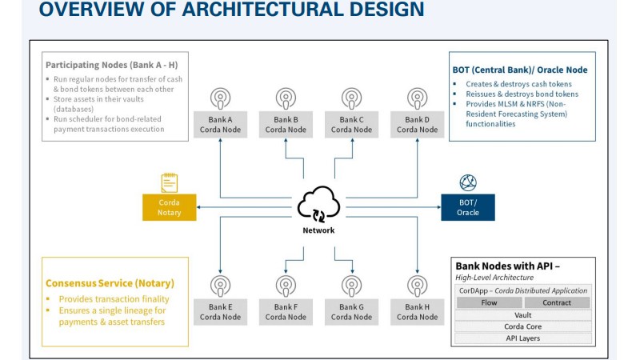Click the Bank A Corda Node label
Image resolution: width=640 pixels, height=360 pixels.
(x=220, y=125)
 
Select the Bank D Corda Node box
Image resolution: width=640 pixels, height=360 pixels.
(x=417, y=125)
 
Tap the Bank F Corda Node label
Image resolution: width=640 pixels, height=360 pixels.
(x=286, y=311)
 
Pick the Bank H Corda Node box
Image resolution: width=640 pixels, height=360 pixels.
(x=417, y=311)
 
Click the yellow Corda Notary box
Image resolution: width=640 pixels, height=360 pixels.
(x=170, y=208)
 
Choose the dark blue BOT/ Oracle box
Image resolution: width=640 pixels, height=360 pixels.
(x=468, y=207)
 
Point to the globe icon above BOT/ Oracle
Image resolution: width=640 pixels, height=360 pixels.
(x=468, y=182)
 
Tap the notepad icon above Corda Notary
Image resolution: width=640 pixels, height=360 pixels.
(x=170, y=182)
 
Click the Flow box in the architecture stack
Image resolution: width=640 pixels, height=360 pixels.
(x=489, y=302)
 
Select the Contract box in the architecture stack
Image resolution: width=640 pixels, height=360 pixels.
(x=557, y=302)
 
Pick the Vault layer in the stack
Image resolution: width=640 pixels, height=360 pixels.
(x=523, y=315)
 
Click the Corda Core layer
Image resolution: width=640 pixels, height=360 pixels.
(x=523, y=326)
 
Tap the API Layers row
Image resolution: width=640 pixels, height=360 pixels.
(x=523, y=338)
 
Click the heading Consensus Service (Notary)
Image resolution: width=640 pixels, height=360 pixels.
(x=110, y=283)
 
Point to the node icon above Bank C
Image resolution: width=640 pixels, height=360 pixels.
(x=351, y=98)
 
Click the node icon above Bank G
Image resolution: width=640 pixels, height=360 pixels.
(x=351, y=286)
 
